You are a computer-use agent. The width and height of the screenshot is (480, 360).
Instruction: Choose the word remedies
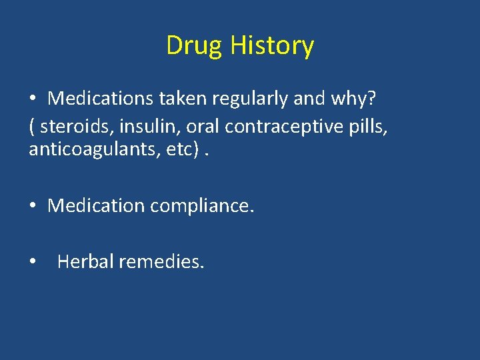(x=161, y=261)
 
